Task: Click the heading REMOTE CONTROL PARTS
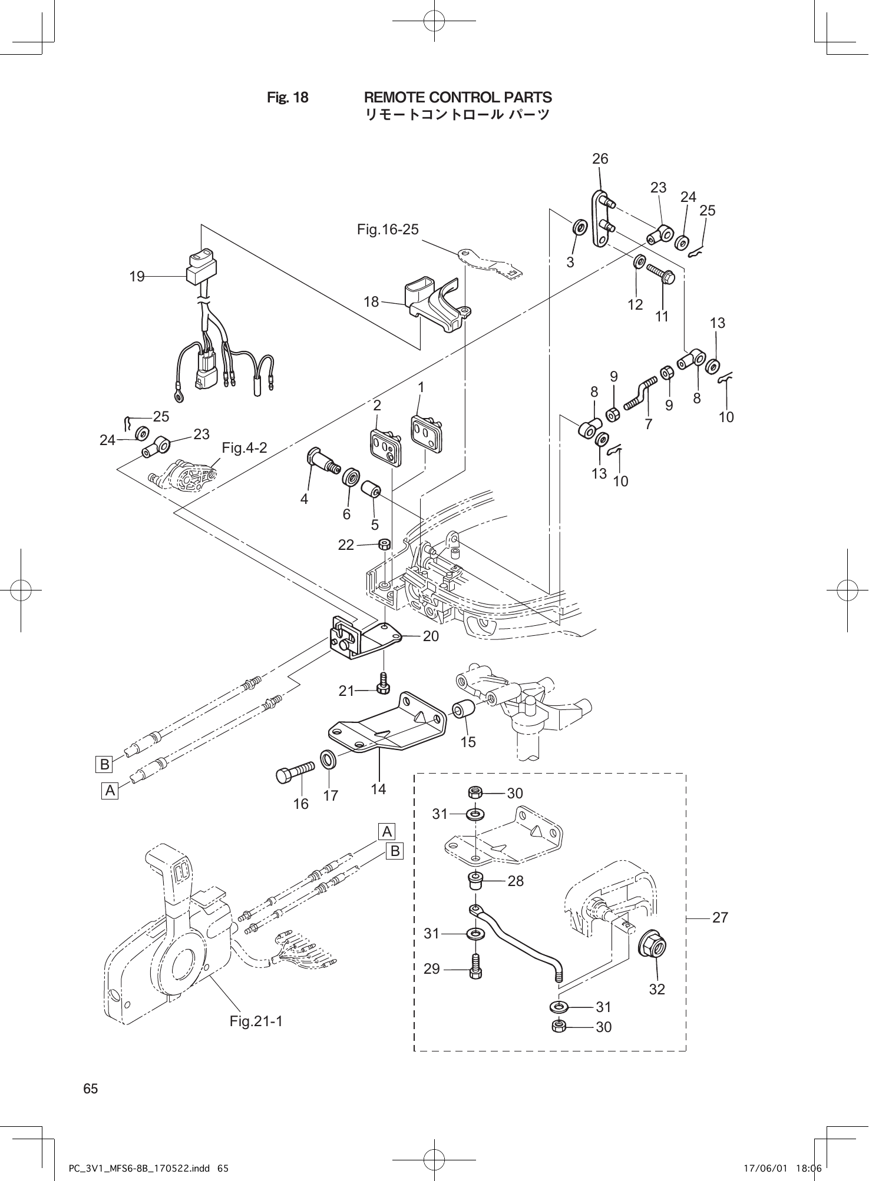[458, 97]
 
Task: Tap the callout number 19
[137, 276]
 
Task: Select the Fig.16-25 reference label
[388, 229]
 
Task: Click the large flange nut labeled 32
[652, 947]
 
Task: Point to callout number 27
[720, 917]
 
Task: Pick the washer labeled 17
[329, 759]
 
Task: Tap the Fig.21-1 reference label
[256, 1021]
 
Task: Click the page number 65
[91, 1089]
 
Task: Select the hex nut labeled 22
[384, 544]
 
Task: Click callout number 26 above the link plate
[600, 159]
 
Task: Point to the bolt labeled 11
[660, 274]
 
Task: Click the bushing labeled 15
[463, 711]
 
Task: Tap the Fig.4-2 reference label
[244, 448]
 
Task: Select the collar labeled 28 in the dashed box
[475, 881]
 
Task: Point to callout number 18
[371, 302]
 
